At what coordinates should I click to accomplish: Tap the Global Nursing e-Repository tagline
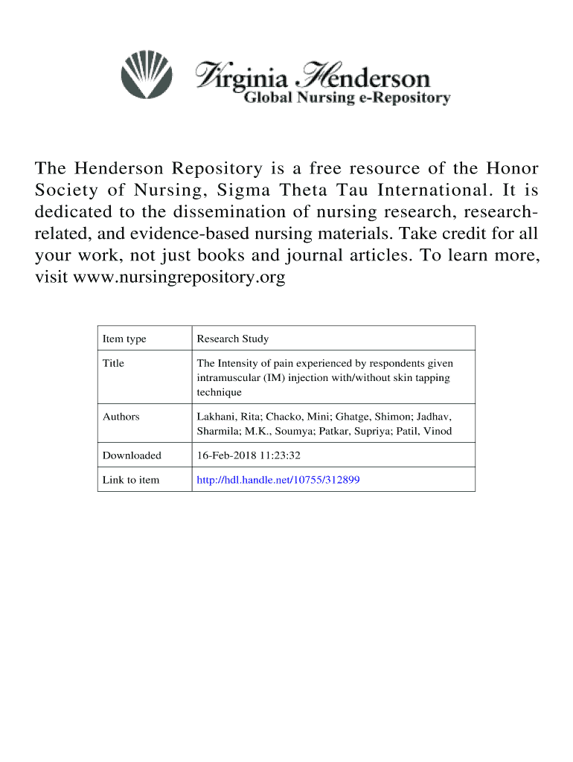pyautogui.click(x=348, y=98)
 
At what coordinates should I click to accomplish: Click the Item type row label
pyautogui.click(x=124, y=339)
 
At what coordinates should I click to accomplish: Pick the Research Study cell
pyautogui.click(x=232, y=339)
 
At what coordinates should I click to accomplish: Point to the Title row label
pyautogui.click(x=113, y=364)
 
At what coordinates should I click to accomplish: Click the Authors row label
pyautogui.click(x=121, y=417)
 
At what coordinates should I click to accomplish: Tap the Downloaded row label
pyautogui.click(x=132, y=455)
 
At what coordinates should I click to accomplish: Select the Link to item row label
pyautogui.click(x=130, y=480)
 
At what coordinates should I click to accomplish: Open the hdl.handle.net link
pyautogui.click(x=278, y=480)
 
